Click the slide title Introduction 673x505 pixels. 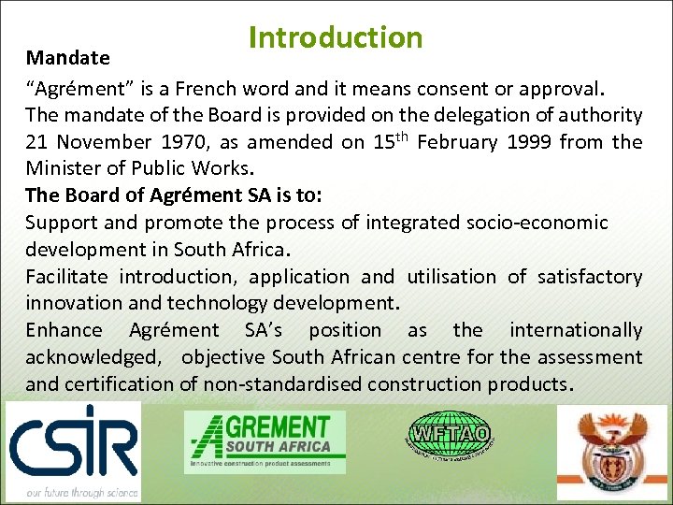[x=336, y=37]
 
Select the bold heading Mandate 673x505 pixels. [x=67, y=58]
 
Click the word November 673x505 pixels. [x=104, y=142]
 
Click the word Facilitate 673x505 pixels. [x=65, y=277]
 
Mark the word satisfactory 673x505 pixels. [x=588, y=277]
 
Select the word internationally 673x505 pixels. [x=576, y=330]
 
